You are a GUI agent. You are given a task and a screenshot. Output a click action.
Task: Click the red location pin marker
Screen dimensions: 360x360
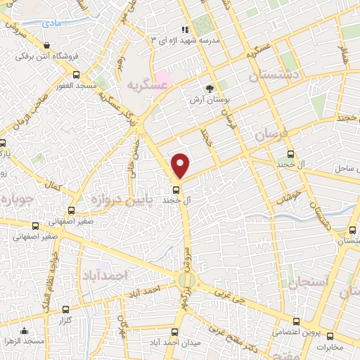(x=181, y=165)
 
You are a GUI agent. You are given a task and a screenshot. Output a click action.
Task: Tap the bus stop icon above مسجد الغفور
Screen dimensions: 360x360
(x=75, y=74)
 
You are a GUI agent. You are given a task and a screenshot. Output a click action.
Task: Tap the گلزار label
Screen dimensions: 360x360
(x=67, y=320)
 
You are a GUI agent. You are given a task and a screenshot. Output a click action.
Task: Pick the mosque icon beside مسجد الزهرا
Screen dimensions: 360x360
(x=25, y=331)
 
